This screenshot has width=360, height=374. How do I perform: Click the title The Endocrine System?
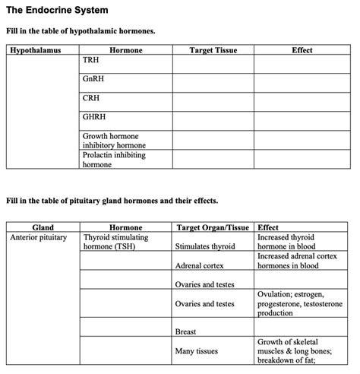(x=57, y=11)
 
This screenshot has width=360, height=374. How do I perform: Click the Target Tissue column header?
(x=213, y=50)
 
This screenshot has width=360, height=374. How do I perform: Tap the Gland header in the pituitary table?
(x=43, y=227)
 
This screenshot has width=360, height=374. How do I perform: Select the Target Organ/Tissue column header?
(x=213, y=227)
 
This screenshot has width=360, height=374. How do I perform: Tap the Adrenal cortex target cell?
(x=198, y=266)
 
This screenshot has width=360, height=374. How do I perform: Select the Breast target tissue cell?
(x=186, y=332)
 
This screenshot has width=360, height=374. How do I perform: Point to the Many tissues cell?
(x=197, y=352)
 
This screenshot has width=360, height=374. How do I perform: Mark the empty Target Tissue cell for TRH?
(x=213, y=64)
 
